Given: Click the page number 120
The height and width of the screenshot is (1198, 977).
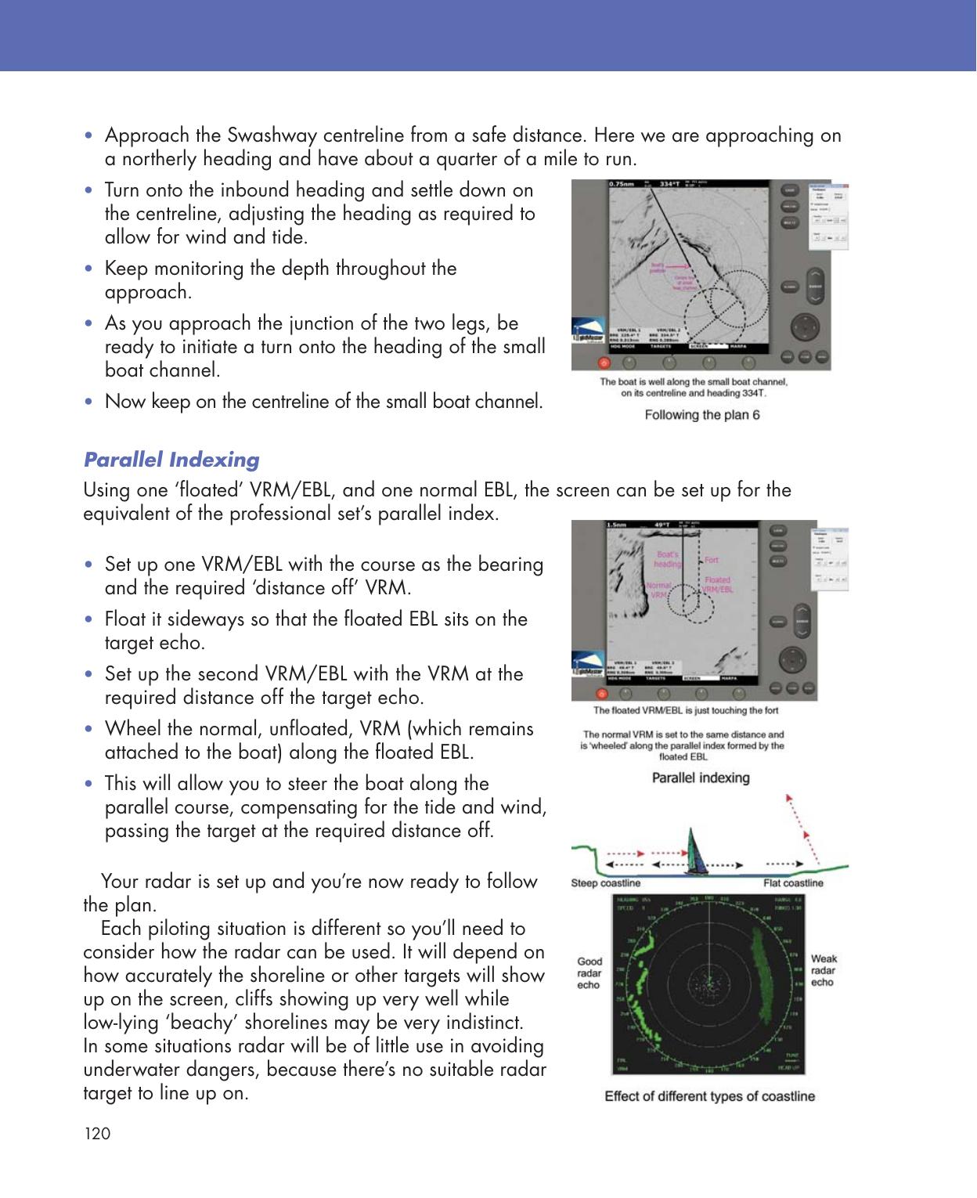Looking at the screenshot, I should (97, 1134).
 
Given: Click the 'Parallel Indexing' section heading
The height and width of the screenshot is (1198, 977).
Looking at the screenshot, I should (171, 459).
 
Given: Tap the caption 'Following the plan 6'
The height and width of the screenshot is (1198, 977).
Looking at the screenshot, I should (701, 415).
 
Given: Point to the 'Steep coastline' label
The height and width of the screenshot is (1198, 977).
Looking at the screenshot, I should (606, 883).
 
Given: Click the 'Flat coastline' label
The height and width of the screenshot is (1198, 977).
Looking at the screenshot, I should (793, 883).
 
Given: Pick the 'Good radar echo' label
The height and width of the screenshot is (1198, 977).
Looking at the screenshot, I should (589, 972).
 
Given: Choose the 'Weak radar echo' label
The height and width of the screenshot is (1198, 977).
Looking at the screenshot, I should (824, 970).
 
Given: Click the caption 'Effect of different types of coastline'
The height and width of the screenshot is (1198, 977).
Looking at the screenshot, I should (709, 1096).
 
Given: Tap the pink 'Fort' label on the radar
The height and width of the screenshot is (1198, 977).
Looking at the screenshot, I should (712, 560).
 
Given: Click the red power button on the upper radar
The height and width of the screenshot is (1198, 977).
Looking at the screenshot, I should (603, 363).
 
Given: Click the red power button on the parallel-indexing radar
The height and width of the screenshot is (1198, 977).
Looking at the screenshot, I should (602, 693).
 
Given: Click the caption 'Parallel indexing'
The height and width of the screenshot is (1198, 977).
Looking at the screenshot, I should (701, 778).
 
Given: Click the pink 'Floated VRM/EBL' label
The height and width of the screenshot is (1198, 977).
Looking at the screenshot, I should (716, 585).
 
